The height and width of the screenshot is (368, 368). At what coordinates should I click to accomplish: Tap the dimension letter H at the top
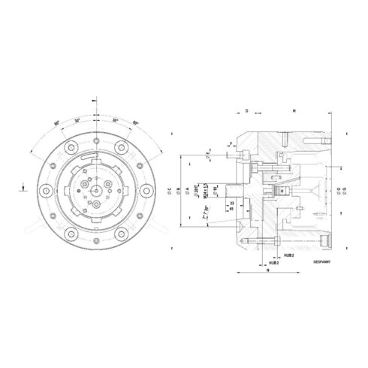point(294,110)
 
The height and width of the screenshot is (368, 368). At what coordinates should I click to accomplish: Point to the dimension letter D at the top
point(246,110)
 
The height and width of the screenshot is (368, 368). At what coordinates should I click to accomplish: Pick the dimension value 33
point(232,203)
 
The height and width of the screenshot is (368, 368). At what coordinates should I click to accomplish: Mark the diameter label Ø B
point(178,190)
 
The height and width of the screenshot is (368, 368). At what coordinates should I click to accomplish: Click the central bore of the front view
point(94,191)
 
